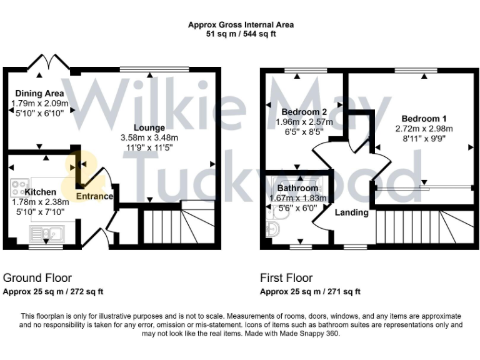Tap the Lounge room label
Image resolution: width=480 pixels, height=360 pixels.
click(x=148, y=128)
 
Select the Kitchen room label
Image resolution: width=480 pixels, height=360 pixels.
click(x=42, y=192)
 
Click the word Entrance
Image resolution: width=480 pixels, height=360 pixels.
click(x=94, y=196)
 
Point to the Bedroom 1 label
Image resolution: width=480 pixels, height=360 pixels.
click(x=424, y=119)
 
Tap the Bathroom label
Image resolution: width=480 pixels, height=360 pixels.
click(x=298, y=188)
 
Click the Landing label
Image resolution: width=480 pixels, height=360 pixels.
click(x=351, y=212)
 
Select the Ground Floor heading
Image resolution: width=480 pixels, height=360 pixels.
click(x=37, y=278)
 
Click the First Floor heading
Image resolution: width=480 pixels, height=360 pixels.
click(x=286, y=278)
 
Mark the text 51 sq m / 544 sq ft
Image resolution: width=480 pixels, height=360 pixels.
click(x=241, y=34)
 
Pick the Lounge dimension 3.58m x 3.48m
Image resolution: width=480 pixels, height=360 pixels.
click(x=148, y=138)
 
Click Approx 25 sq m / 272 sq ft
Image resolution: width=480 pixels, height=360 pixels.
click(x=53, y=292)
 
